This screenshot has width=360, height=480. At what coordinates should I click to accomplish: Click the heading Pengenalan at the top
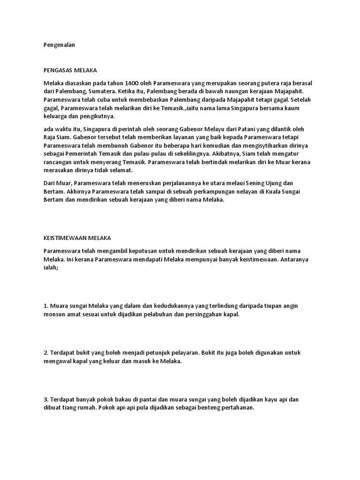(x=59, y=45)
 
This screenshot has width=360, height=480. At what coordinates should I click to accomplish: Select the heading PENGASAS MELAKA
(x=70, y=70)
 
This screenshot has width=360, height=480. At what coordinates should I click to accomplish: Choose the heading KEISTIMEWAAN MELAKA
(x=77, y=238)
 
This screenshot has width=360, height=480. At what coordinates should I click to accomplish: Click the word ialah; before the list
(x=50, y=268)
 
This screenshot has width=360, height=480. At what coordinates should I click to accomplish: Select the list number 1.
(x=45, y=306)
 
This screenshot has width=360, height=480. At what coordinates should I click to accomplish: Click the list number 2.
(x=45, y=352)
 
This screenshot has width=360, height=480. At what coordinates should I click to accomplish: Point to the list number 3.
(x=45, y=399)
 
